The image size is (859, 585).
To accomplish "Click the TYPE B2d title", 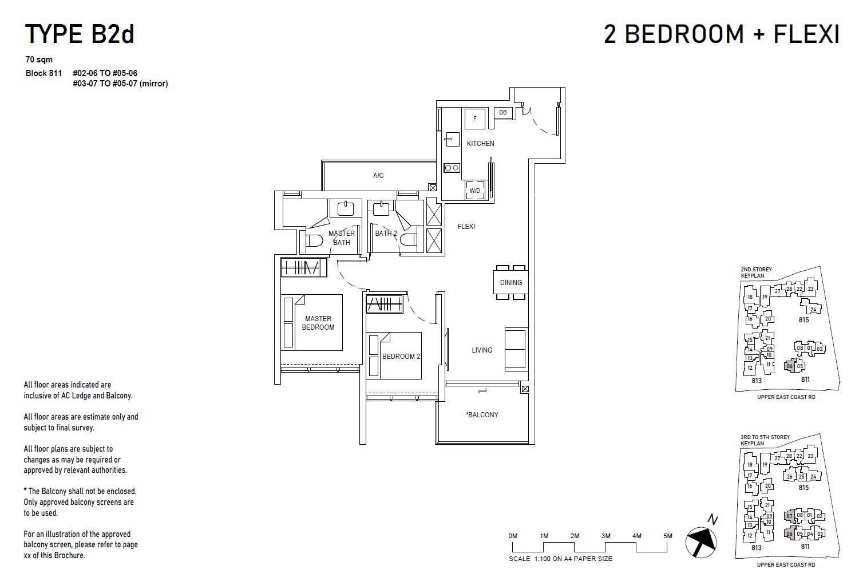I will [x=80, y=34].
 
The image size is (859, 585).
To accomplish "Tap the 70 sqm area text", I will [x=39, y=60].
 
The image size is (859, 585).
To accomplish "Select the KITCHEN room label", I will [x=480, y=144].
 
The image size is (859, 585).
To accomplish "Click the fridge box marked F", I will [x=474, y=119].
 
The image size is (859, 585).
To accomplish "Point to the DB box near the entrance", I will [x=502, y=113].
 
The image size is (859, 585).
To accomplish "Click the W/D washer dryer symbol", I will [x=475, y=191].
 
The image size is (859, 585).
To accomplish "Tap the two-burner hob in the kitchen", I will [x=452, y=168].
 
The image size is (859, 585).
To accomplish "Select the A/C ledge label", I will [x=378, y=176].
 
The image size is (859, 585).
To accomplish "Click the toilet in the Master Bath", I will [x=313, y=240].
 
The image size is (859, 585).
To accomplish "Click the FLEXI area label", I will [x=466, y=227].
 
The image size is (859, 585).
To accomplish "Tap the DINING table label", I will [x=510, y=283].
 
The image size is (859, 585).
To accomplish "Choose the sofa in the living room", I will [x=515, y=349].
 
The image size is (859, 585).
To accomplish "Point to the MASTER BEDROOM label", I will [x=318, y=323].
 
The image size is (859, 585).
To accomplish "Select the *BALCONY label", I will [x=482, y=415].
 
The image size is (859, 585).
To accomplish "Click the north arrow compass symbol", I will [x=701, y=541].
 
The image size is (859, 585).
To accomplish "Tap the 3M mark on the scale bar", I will [x=605, y=536].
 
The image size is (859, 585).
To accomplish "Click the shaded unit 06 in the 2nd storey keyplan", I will [x=789, y=366].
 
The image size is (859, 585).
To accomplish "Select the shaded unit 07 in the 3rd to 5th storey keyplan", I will [x=789, y=516].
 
